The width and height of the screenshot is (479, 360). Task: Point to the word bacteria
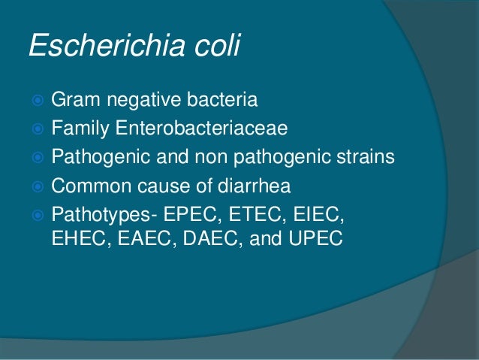click(222, 100)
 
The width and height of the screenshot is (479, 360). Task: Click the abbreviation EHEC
click(76, 242)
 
